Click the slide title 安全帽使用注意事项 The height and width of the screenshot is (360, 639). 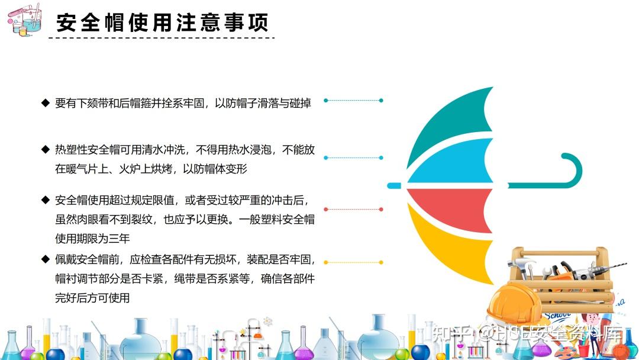162,23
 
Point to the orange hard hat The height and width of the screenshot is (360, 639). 514,303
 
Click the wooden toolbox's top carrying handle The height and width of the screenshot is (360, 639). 560,253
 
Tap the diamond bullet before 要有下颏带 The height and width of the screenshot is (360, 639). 45,102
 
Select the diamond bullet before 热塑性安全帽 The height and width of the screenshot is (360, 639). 45,149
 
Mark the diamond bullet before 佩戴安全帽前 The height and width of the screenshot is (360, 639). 45,259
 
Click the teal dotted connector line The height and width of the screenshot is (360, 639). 353,100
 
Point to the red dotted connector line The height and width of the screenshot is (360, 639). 353,209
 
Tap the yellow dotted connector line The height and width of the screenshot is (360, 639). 353,262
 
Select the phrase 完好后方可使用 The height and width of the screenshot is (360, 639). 92,298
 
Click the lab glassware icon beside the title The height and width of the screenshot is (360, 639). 25,20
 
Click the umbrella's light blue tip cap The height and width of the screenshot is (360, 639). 394,186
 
